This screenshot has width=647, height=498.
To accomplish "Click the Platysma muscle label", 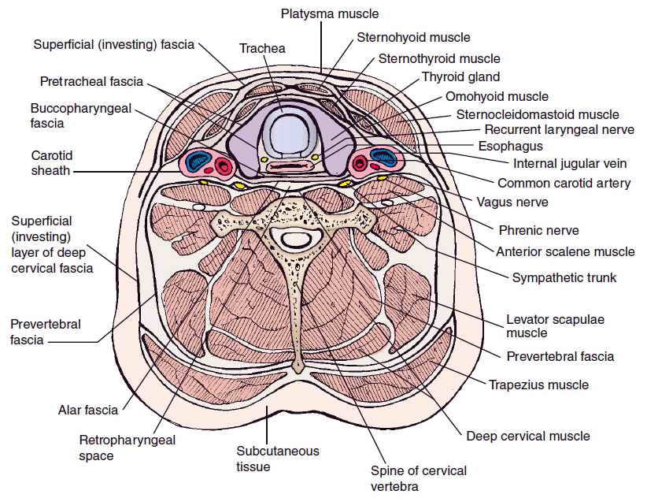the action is pos(330,14).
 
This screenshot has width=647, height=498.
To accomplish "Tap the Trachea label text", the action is pos(262,48).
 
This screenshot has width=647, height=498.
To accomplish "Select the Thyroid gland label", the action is pos(461,77).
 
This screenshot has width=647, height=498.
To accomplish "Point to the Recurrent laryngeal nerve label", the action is pos(559,130).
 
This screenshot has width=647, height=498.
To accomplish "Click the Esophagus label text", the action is pos(510,147).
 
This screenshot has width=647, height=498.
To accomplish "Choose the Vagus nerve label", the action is pos(512,203).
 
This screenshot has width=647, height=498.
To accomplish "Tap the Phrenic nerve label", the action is pos(539,230).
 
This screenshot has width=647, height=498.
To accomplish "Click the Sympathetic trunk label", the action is pos(564,277).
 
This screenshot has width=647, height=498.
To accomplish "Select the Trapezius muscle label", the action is pos(539,385).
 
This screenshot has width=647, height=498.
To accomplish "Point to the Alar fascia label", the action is pos(88,410).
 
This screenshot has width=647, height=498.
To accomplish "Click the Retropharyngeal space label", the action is pos(127,448).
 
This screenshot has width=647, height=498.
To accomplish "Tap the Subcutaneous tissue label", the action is pos(278,459).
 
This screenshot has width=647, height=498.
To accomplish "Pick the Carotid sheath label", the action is pos(52,163).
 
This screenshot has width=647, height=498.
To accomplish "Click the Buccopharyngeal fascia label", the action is pos(81,116).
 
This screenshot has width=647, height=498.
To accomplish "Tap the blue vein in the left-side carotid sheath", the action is pos(198,162).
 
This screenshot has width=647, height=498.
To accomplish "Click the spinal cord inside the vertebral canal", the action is pos(296,240).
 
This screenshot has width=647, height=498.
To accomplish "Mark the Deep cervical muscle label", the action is pos(528,437).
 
